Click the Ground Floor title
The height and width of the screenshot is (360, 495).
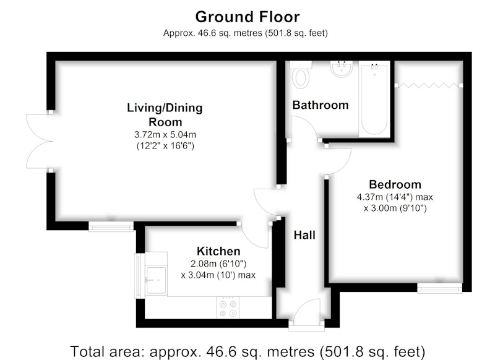coord(247,17)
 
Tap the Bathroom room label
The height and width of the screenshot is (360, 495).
coord(321,105)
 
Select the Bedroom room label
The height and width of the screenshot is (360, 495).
coord(395,184)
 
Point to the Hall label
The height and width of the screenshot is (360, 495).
coord(304,235)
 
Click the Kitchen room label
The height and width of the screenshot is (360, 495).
coord(218,251)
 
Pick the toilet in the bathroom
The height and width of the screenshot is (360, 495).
coord(300,75)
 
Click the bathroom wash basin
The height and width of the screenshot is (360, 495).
coord(342,69)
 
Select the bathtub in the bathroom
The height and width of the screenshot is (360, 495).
coord(374,99)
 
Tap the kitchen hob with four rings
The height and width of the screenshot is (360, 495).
coord(228,308)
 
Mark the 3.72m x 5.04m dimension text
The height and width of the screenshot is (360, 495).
coord(165,135)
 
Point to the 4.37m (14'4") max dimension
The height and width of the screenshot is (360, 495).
coord(395,197)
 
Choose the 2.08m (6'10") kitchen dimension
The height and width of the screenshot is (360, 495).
coord(218,264)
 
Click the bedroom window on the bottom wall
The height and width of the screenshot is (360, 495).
coord(439,288)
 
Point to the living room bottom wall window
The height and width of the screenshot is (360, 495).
coord(111,226)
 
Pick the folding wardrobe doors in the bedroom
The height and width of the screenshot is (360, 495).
coord(428,85)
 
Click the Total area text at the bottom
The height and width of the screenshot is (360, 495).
coord(247,351)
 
